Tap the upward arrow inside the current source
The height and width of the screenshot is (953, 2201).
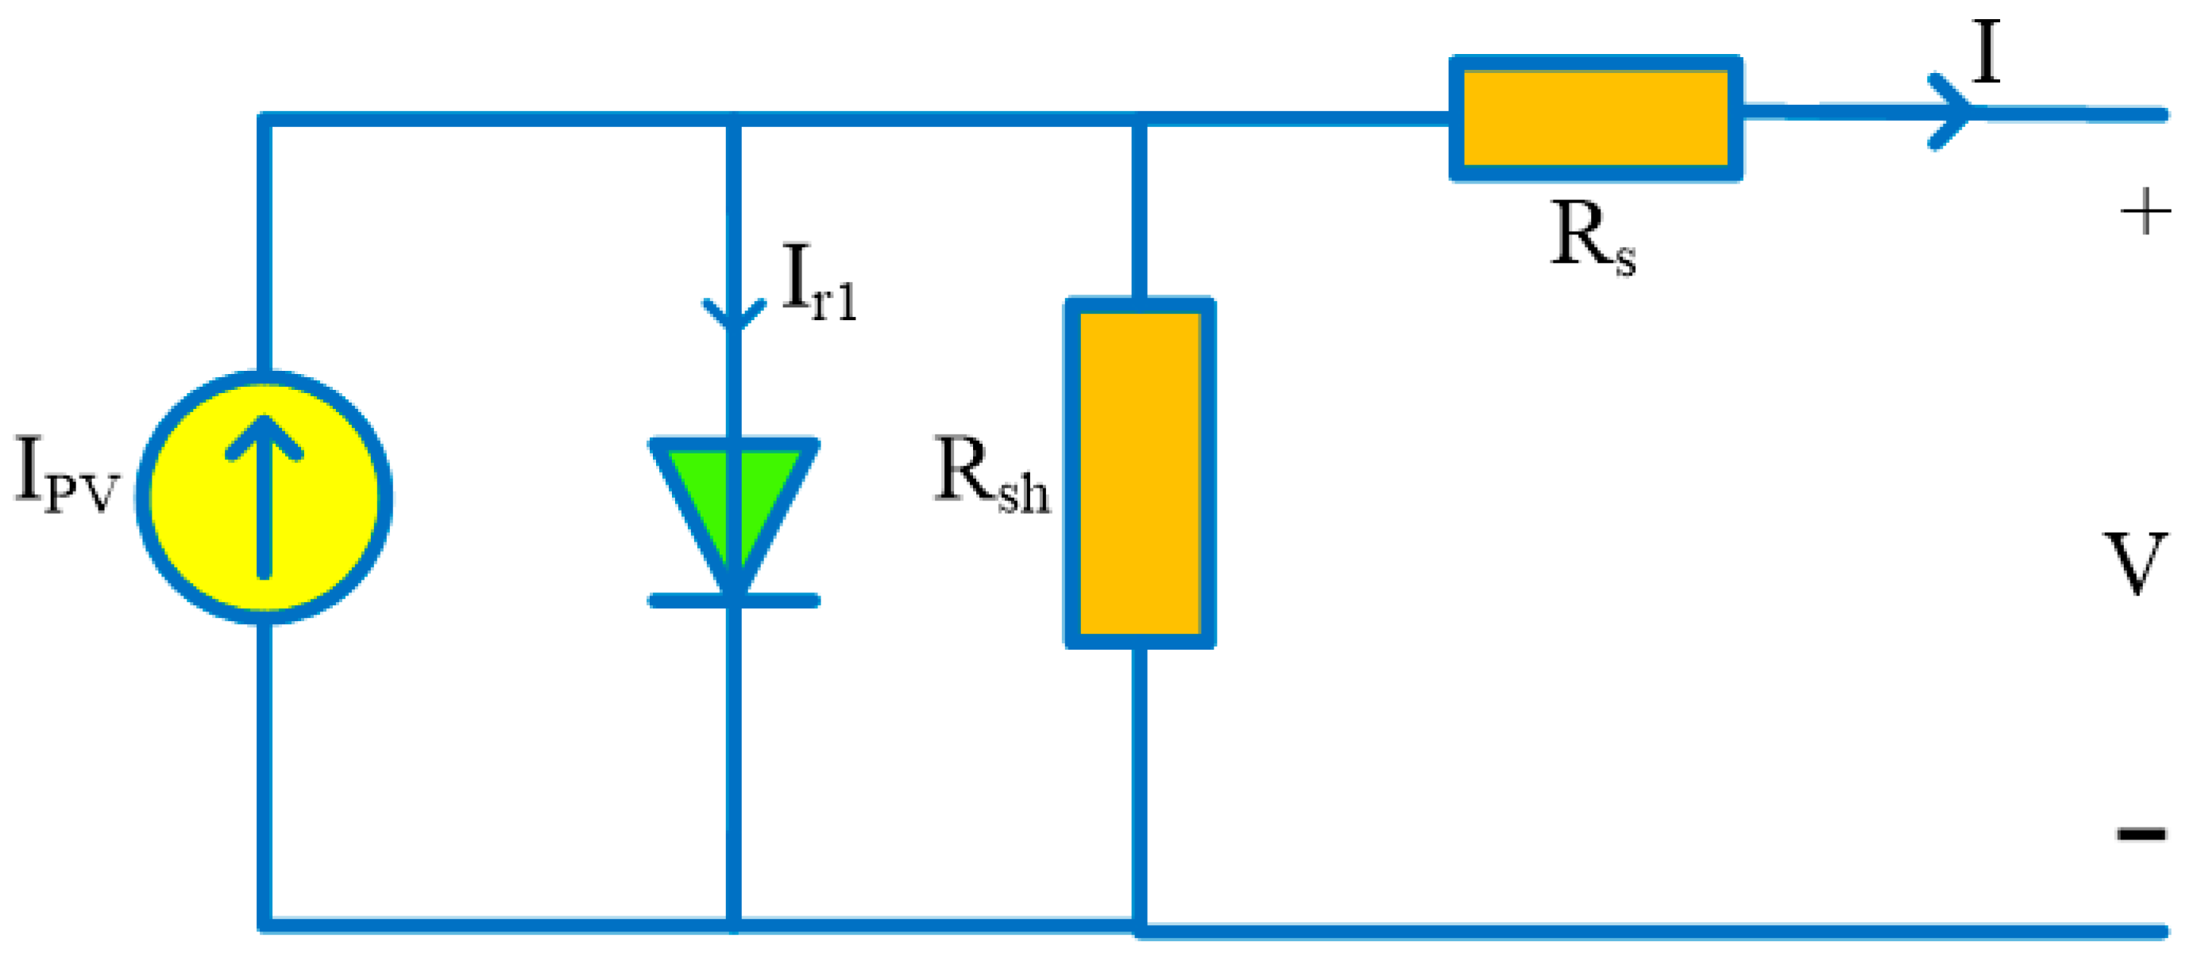[x=264, y=496]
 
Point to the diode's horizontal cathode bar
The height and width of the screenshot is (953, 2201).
[x=734, y=601]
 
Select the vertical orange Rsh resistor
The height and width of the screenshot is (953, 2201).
[x=1139, y=473]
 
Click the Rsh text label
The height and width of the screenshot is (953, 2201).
[x=991, y=474]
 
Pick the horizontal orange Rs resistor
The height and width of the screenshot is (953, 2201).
[x=1595, y=118]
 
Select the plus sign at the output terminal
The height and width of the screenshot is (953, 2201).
[x=2145, y=212]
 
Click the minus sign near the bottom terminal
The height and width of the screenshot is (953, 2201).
[x=2141, y=833]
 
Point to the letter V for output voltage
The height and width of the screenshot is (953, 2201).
[x=2135, y=563]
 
